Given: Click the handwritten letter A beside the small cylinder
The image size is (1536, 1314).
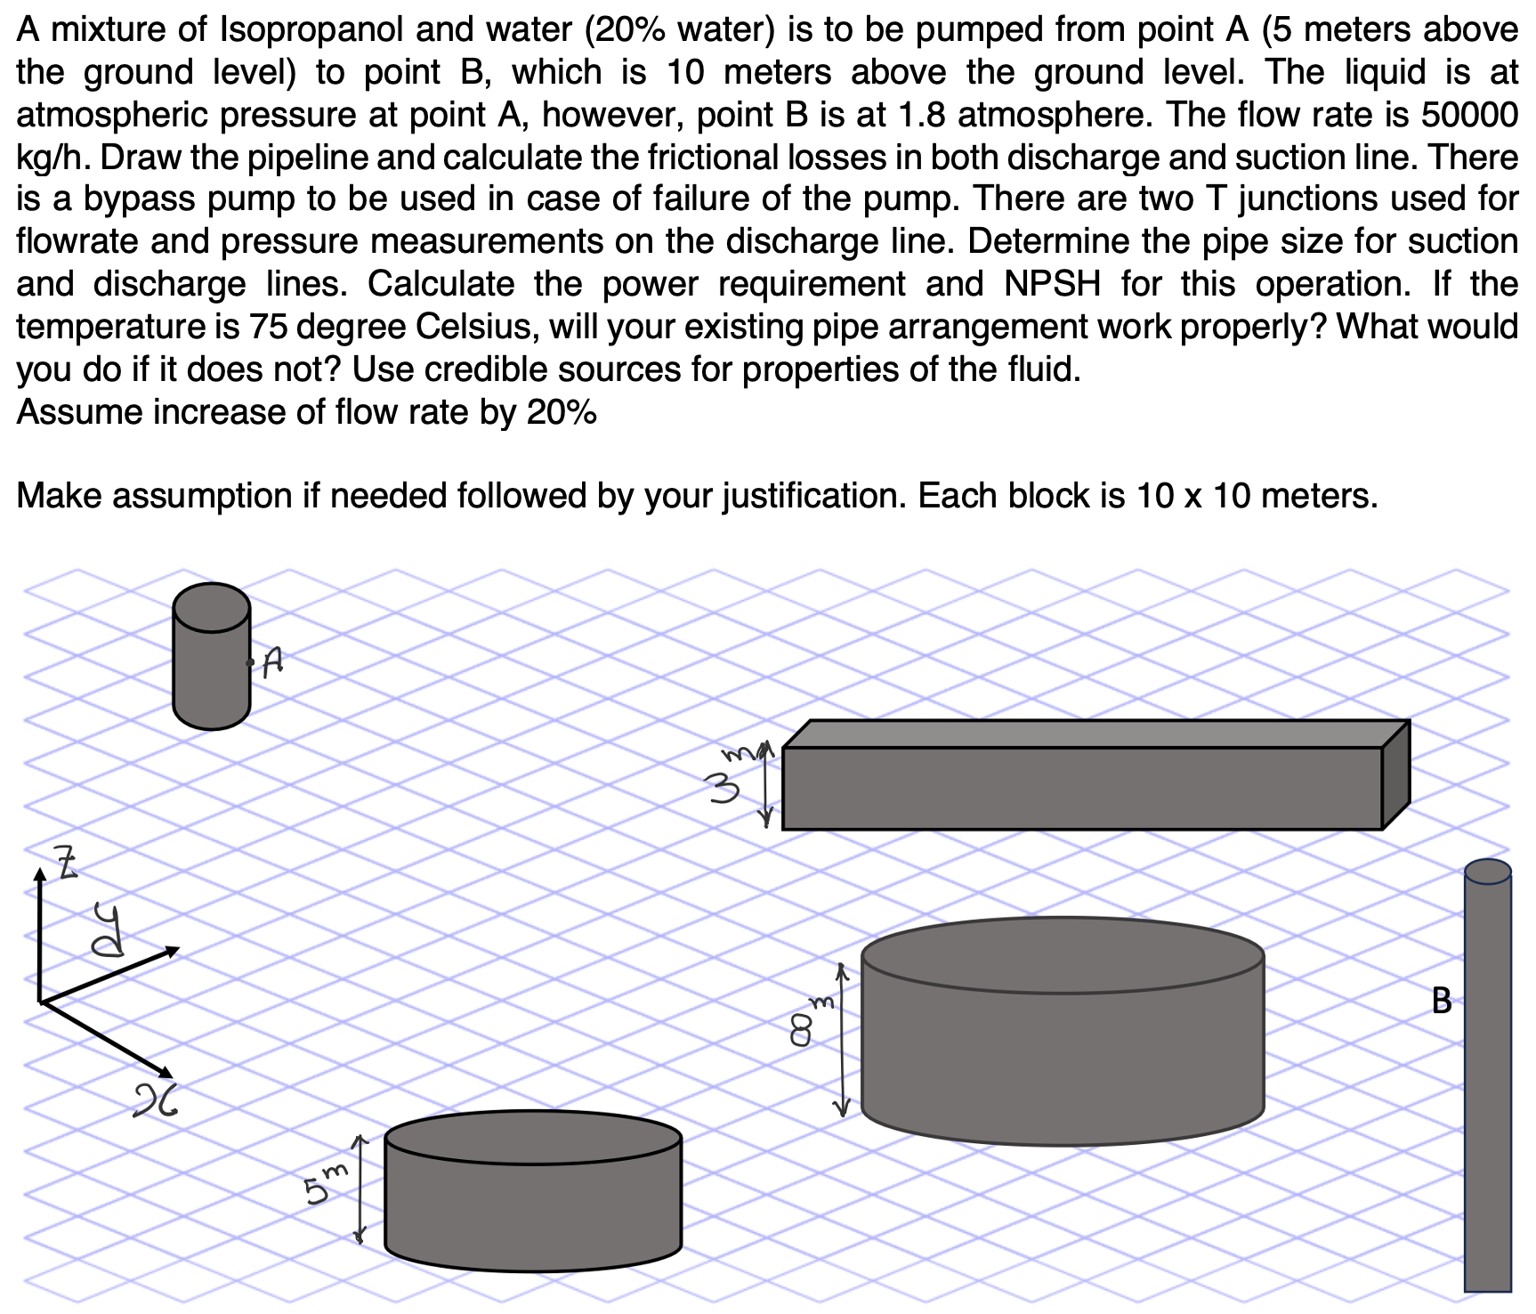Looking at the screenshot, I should [274, 660].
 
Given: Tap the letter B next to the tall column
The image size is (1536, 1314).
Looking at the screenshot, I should [1442, 1001].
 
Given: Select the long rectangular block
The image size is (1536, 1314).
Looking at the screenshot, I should [1082, 787].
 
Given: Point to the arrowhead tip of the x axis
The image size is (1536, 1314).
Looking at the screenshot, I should [172, 1075].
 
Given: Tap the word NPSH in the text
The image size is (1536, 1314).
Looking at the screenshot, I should [1052, 284].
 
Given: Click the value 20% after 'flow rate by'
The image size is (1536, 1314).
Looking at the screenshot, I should [562, 412].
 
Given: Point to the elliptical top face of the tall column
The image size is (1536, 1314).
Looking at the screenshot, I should [1487, 872].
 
